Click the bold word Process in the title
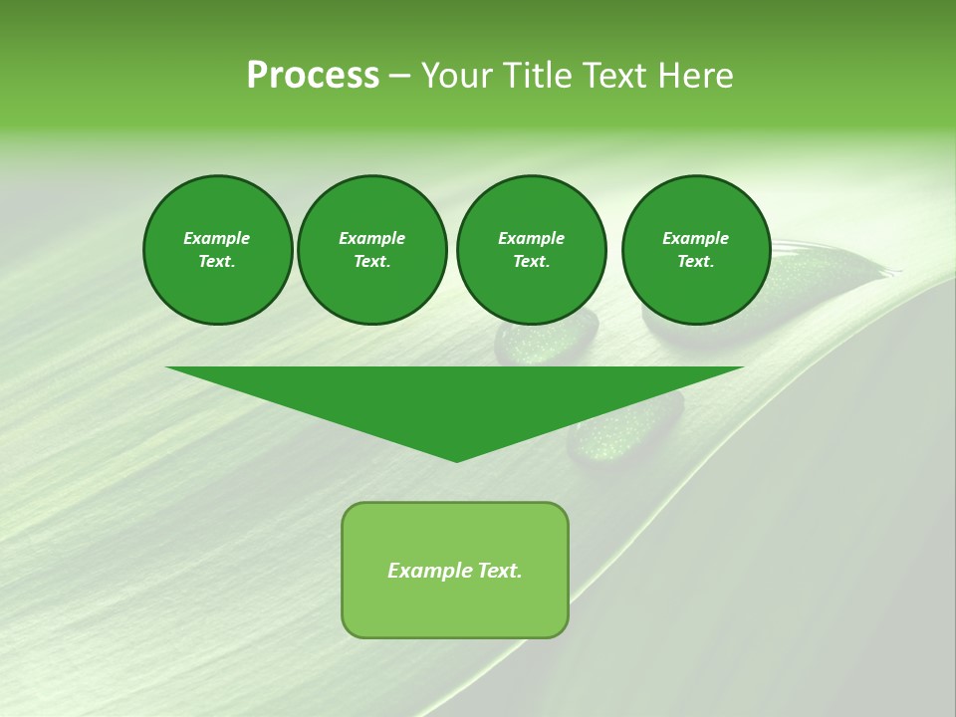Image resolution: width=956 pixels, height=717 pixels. pos(313,76)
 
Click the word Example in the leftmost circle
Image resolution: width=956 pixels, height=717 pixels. pos(217,238)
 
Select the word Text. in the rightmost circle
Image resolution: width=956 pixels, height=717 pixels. pos(695,261)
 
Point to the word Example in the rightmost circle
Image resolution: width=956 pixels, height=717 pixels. pos(695,238)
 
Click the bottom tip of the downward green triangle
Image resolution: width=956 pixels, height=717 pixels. pos(456,460)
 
